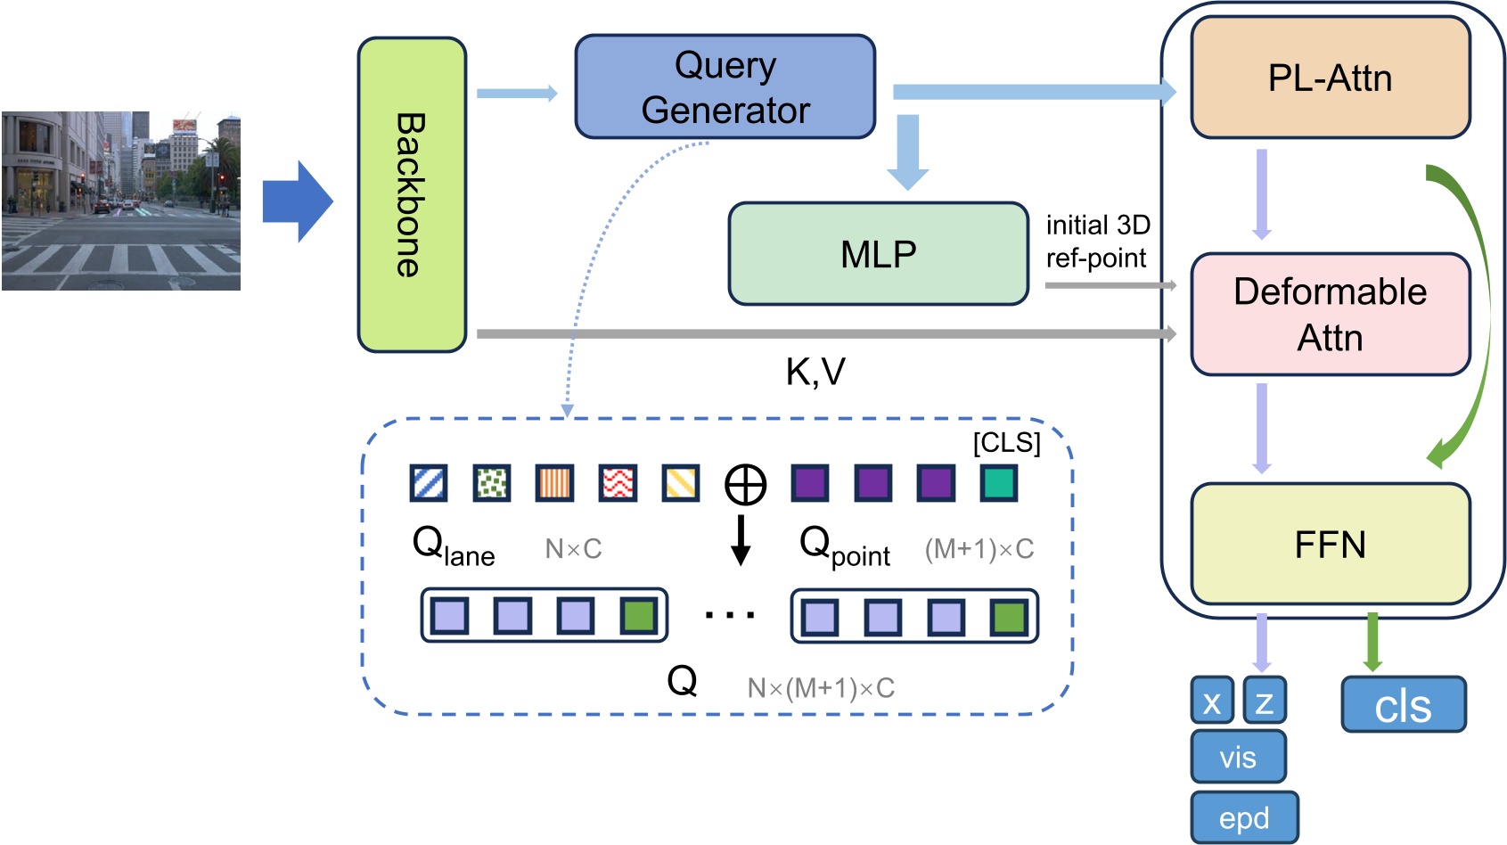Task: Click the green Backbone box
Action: (412, 194)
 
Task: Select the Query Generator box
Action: (725, 86)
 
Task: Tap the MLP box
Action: (878, 254)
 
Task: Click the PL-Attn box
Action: (1330, 78)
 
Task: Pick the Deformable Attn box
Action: (1330, 314)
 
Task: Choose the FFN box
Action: (1330, 544)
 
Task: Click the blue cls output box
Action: (1403, 705)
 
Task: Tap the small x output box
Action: (1212, 701)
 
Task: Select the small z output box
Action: (1264, 701)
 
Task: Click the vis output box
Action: (1238, 757)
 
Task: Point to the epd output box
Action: (1244, 817)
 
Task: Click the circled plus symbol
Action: (745, 485)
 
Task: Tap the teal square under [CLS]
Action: (999, 483)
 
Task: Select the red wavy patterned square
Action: (618, 483)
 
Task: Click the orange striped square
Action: (554, 483)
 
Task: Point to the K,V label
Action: (815, 372)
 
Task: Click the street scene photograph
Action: (120, 201)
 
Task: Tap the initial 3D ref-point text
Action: (1097, 241)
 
